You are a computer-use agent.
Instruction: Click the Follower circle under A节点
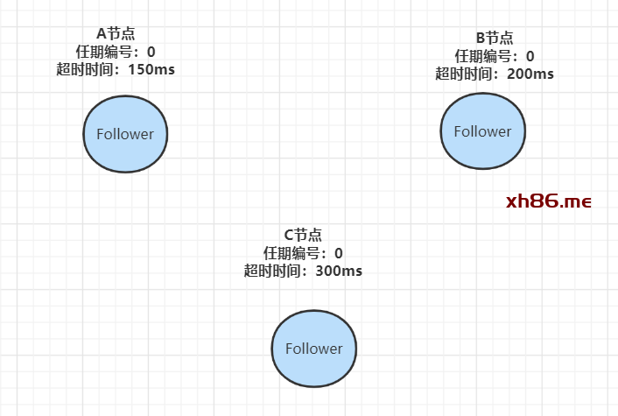pos(125,134)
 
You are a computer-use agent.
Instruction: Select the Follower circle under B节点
pos(481,131)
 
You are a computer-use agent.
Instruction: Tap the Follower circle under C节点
pos(313,348)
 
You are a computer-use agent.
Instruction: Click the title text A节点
pos(116,33)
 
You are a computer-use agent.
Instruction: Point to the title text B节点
pos(495,39)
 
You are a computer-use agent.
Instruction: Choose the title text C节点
pos(303,236)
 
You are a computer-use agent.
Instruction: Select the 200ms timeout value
pos(530,74)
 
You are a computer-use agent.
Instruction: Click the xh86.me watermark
pos(549,201)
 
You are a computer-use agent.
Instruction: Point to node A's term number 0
pos(151,51)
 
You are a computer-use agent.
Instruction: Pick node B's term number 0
pos(530,56)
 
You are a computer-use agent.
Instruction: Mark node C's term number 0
pos(338,253)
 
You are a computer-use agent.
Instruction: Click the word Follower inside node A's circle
pos(125,134)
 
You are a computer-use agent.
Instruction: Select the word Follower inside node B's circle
pos(481,131)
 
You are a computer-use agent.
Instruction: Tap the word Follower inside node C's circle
pos(313,348)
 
